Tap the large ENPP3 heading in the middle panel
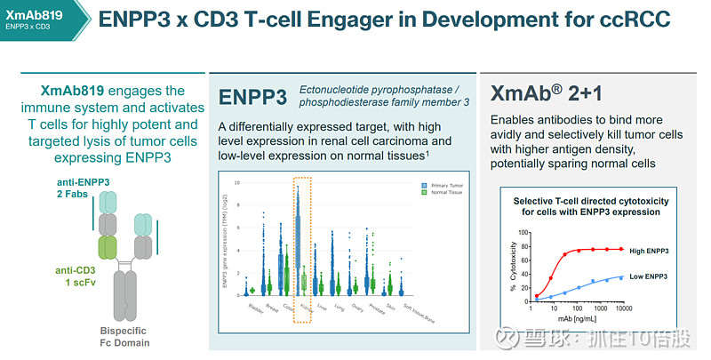[253, 96]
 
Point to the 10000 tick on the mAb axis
[623, 307]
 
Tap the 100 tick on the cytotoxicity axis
[523, 233]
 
